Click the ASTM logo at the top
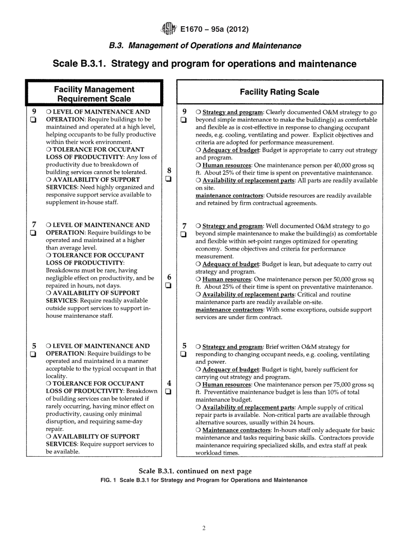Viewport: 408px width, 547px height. click(168, 29)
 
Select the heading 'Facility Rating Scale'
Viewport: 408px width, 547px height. click(279, 92)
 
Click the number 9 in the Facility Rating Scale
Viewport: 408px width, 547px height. click(184, 111)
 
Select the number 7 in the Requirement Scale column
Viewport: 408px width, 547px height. click(34, 224)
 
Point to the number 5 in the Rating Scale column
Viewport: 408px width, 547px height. click(184, 345)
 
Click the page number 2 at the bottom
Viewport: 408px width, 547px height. click(204, 529)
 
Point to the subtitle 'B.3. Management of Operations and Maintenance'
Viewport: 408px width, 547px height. click(204, 46)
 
